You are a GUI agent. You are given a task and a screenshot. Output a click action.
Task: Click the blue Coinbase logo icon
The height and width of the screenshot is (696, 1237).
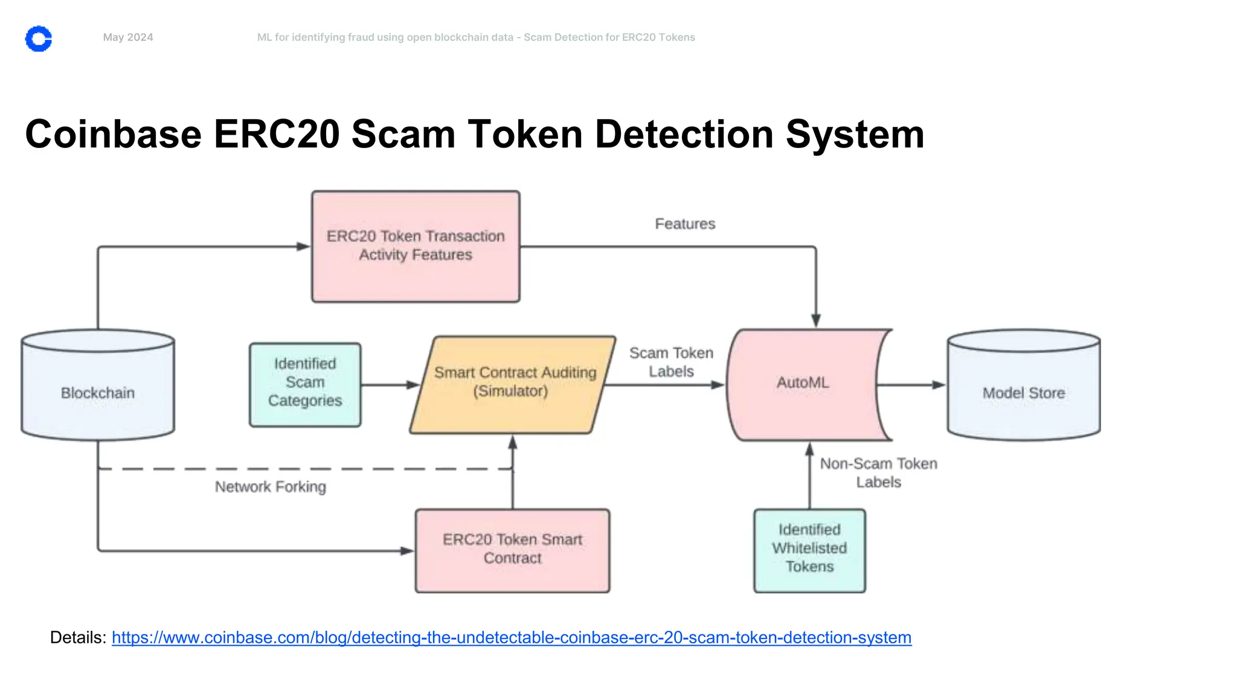coord(39,39)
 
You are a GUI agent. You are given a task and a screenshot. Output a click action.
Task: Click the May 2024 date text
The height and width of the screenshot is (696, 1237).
coord(128,37)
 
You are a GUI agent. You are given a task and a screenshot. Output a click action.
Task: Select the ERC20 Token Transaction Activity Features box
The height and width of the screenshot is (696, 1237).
coord(416,246)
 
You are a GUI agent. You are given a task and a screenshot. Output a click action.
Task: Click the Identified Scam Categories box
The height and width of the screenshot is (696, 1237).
coord(305,384)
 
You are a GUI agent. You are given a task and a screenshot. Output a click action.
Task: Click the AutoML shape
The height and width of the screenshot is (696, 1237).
coord(803,383)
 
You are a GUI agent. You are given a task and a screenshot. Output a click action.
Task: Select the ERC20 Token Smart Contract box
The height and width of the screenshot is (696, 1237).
coord(512,550)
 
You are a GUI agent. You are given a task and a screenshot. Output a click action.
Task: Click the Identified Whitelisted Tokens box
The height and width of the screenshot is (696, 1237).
coord(809,550)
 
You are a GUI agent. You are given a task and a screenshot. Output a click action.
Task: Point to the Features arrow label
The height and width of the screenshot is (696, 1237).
coord(685,224)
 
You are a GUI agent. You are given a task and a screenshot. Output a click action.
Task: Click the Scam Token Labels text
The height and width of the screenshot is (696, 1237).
coord(671,362)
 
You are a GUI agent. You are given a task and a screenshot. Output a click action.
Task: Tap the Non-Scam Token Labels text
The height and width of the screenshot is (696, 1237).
coord(878,473)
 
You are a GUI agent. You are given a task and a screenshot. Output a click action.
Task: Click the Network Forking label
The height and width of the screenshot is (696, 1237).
coord(270,487)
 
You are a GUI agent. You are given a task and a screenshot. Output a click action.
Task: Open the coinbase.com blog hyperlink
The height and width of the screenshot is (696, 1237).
coord(511,637)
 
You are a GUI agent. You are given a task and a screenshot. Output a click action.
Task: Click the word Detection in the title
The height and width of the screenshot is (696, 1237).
coord(684,134)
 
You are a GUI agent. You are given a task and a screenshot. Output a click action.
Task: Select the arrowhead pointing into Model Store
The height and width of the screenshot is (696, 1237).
coord(938,385)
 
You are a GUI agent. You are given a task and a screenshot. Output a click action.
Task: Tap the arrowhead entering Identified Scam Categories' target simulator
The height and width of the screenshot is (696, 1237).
coord(413,385)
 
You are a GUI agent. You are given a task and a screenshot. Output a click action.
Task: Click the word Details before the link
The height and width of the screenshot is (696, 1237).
coord(77,637)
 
